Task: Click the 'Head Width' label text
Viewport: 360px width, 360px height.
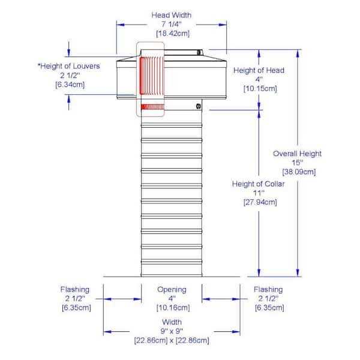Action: [172, 15]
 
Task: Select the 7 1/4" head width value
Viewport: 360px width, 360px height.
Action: [172, 24]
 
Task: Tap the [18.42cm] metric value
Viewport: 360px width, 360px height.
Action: [173, 34]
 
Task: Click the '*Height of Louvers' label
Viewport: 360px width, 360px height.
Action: [69, 66]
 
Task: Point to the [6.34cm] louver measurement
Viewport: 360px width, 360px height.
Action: [70, 85]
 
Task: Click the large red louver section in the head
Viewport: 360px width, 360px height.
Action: [152, 76]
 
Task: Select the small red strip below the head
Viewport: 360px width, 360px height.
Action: [152, 107]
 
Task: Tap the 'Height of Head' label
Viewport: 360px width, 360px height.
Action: [259, 70]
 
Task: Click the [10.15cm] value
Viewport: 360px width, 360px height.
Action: [260, 88]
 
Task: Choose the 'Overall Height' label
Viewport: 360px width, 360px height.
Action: [298, 154]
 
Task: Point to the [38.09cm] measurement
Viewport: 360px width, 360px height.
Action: [299, 172]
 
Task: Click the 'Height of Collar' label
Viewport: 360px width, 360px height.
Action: [258, 184]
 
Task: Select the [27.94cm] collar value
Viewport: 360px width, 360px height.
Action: [260, 202]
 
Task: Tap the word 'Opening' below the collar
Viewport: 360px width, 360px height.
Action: [172, 290]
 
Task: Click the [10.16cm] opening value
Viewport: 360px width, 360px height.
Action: [173, 308]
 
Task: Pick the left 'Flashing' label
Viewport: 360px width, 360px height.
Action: [75, 290]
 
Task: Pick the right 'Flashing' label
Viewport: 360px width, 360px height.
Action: [268, 290]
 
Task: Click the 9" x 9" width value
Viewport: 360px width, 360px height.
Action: [172, 331]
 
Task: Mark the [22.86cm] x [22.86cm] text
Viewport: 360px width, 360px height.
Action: [172, 340]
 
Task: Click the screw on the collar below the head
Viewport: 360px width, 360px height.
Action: [199, 106]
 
